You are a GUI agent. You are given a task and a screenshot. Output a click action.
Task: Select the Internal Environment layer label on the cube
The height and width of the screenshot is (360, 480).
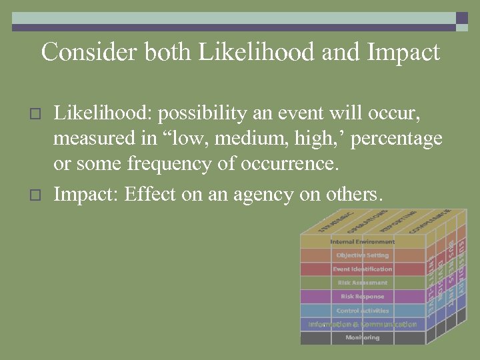coord(362,241)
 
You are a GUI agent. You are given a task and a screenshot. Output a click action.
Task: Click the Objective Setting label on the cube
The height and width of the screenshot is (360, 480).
coord(362,255)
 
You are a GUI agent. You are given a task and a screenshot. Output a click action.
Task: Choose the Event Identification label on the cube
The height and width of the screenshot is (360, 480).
coord(362,269)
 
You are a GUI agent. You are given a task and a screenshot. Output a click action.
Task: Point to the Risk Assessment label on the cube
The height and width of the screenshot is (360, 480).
coord(362,283)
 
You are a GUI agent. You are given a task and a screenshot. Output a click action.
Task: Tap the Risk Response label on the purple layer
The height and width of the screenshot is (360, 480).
coord(362,297)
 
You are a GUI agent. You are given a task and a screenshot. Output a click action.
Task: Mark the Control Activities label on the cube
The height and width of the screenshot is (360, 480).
coord(362,311)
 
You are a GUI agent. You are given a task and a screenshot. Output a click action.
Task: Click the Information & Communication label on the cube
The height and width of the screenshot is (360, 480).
coord(362,325)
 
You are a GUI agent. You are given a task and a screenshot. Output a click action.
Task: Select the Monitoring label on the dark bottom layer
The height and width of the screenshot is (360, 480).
coord(362,338)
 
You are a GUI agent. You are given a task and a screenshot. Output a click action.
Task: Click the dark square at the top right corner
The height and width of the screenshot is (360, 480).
coord(462,19)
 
